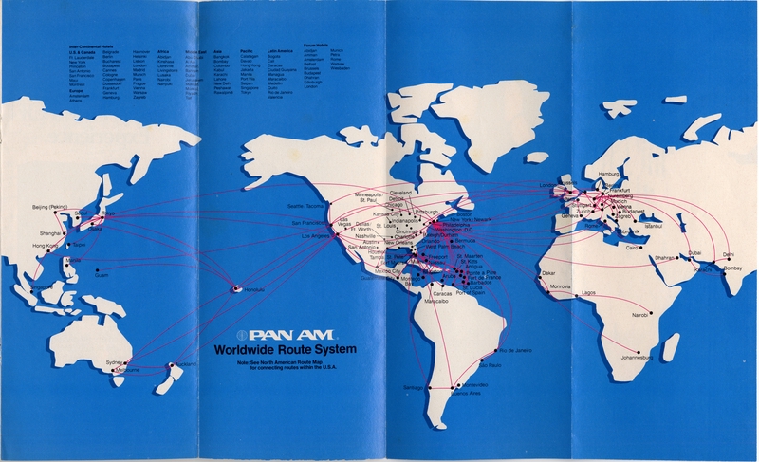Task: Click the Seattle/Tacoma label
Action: pos(307,205)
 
